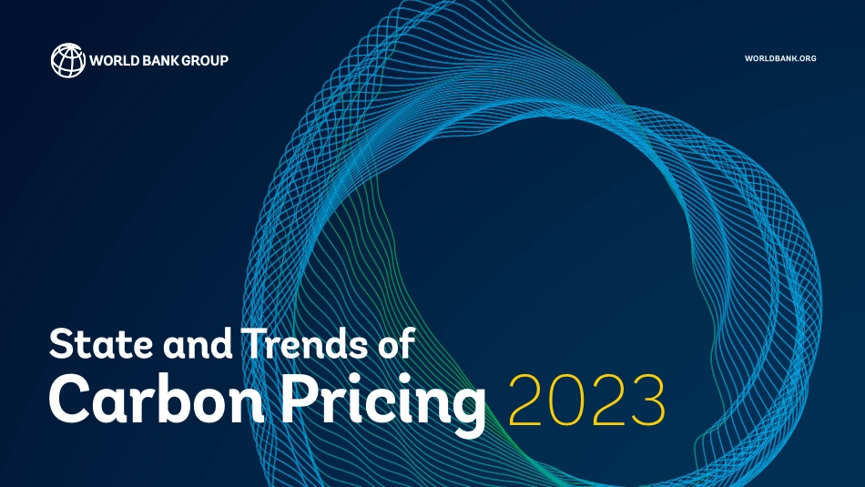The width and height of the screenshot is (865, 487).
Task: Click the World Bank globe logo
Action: [68, 60]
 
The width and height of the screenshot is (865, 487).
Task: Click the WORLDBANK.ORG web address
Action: [780, 58]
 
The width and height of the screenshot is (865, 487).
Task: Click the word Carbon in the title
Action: [157, 398]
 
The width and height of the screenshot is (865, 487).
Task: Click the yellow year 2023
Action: [587, 400]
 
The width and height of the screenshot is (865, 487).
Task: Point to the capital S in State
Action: [62, 343]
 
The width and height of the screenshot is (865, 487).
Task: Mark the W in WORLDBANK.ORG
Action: [749, 58]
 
